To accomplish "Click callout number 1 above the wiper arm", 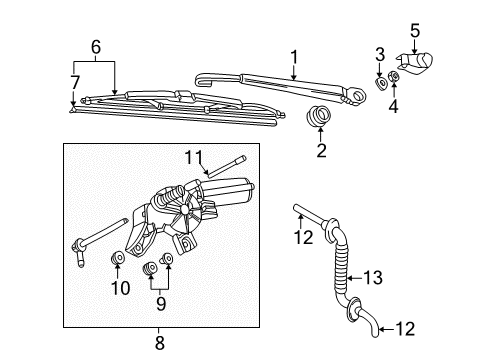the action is (x=294, y=57).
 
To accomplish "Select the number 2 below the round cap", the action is (x=321, y=150).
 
